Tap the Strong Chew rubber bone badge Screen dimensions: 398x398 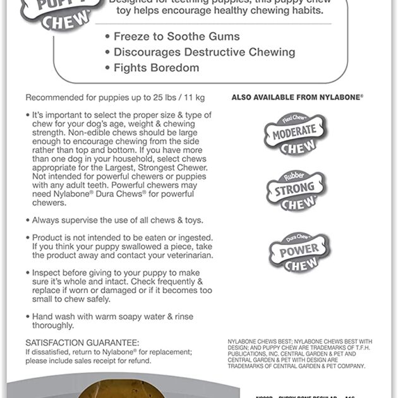296,191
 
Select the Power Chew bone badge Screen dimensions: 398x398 298,251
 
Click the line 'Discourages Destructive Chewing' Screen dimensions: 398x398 204,52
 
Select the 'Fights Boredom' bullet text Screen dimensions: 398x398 156,68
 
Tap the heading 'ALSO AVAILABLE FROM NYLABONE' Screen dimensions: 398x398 297,98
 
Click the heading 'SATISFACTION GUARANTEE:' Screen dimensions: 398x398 82,342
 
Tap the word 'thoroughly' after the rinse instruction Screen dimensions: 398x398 53,326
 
